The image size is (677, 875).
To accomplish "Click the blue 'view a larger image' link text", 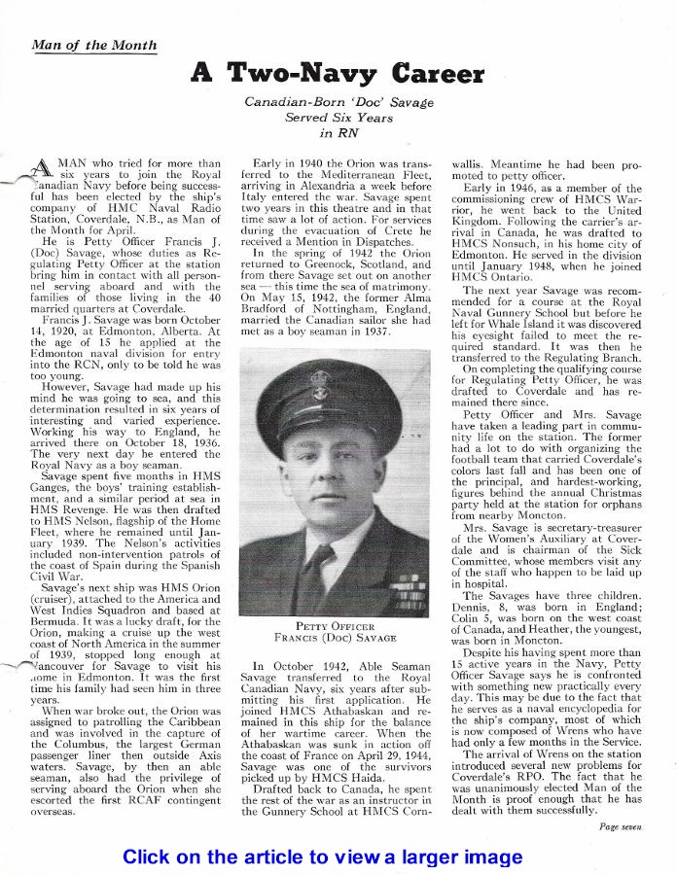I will point(419,857).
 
